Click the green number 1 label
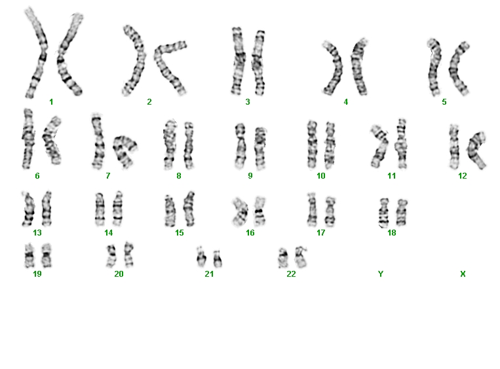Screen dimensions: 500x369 click(51, 102)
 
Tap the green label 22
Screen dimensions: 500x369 click(291, 273)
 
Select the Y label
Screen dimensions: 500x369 click(381, 273)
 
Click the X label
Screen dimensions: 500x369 click(463, 273)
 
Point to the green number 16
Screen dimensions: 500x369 click(250, 233)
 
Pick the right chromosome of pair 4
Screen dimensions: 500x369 click(358, 67)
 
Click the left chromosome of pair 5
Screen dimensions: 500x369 click(434, 67)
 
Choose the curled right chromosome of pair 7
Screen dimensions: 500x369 click(124, 151)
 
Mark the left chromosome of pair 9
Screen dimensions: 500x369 click(240, 146)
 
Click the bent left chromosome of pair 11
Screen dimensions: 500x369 click(380, 146)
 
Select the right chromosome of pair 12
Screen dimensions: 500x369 click(476, 150)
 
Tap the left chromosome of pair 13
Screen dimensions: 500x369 click(28, 209)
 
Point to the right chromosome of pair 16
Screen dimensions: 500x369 click(260, 211)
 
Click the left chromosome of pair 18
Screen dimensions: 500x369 click(383, 213)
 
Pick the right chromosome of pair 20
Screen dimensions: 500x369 click(129, 255)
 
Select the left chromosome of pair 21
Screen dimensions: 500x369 click(201, 257)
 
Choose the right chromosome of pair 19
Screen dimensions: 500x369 click(47, 256)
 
